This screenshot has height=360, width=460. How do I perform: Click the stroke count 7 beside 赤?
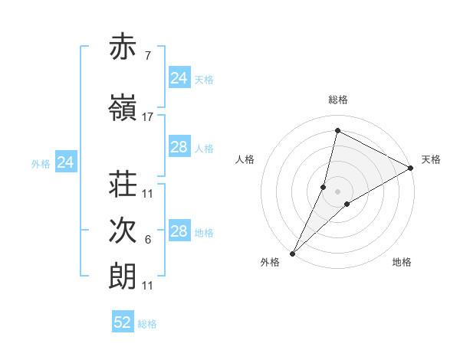pos(148,56)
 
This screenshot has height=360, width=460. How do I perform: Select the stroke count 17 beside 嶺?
pos(148,117)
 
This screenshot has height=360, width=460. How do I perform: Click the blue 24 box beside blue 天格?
pos(179,78)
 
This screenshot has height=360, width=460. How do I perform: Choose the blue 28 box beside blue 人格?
pos(179,148)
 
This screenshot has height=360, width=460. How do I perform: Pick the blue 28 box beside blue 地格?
pos(179,232)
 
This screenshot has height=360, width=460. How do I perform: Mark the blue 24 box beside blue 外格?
pos(66,162)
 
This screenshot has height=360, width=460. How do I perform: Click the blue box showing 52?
pos(123,322)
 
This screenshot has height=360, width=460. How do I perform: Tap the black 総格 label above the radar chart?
pos(337,100)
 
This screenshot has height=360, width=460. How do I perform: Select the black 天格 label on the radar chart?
pos(431,159)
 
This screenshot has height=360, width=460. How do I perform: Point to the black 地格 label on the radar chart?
pos(402,262)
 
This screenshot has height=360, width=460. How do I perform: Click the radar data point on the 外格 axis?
pos(292,253)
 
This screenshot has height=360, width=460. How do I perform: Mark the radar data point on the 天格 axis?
pos(411,168)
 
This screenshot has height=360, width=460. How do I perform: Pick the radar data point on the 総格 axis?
pos(337,131)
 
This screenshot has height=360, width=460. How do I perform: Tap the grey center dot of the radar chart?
pos(337,191)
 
